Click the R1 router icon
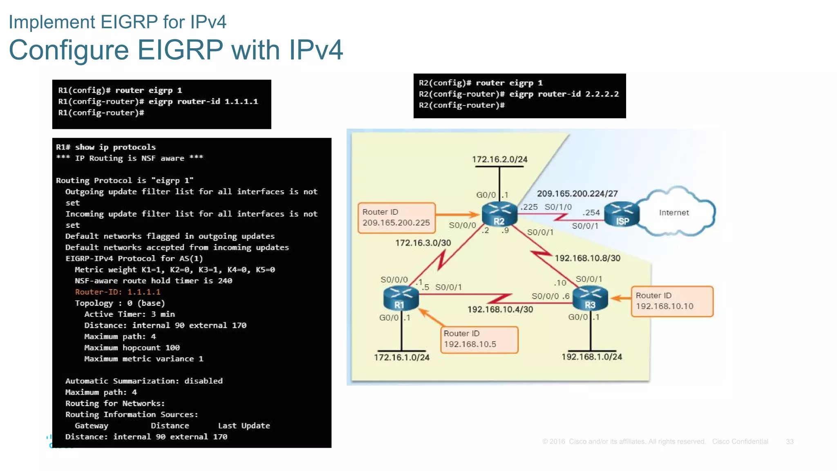[x=401, y=298]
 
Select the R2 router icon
[x=499, y=214]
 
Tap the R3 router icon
[x=590, y=298]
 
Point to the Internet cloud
[x=674, y=213]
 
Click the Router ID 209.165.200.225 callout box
[x=396, y=218]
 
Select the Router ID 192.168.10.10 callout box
[x=671, y=301]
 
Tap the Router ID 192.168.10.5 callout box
[x=479, y=339]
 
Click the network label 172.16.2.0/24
[x=499, y=159]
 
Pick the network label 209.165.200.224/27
[x=577, y=193]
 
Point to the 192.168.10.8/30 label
[x=587, y=258]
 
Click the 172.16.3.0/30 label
[x=423, y=243]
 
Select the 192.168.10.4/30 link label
[x=500, y=310]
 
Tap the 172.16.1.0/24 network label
[x=401, y=357]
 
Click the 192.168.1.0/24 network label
[x=591, y=357]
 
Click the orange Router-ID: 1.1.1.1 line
[x=118, y=292]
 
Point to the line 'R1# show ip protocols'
[x=106, y=147]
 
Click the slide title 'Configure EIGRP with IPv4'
[x=176, y=50]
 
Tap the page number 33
[x=789, y=442]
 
